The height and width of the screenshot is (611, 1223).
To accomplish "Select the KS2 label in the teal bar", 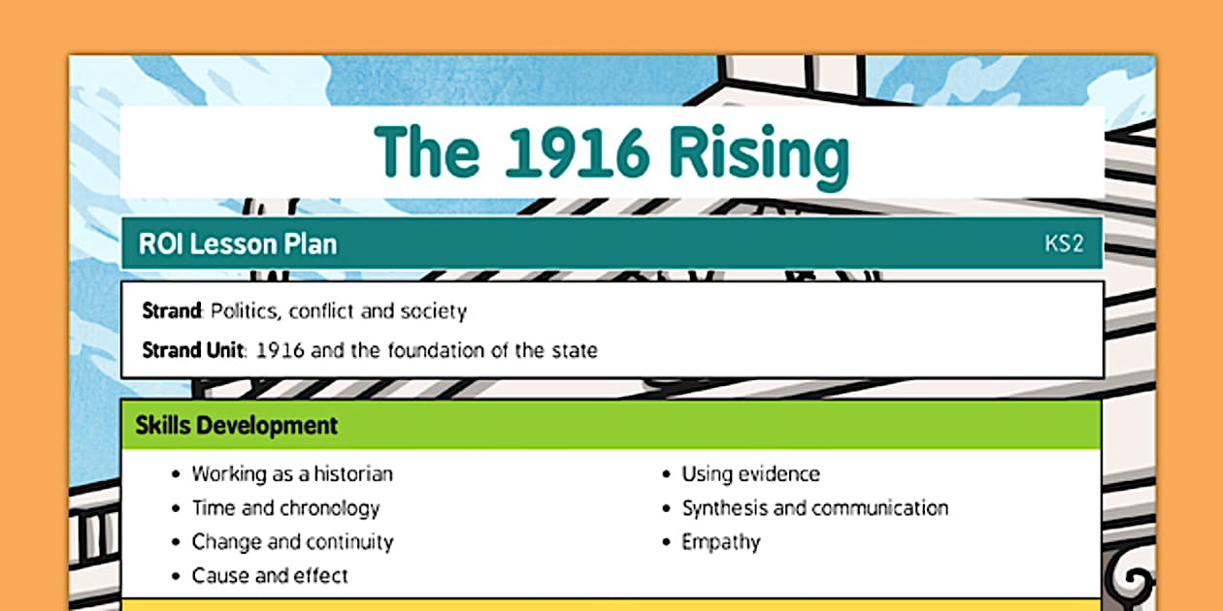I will (x=1064, y=243).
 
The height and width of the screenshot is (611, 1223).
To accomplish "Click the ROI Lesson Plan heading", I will (x=238, y=243).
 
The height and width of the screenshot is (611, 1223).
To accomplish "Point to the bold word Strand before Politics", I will (x=171, y=311).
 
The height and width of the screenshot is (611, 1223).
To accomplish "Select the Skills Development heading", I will (x=237, y=425).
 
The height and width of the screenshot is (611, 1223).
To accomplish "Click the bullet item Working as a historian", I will (x=292, y=474).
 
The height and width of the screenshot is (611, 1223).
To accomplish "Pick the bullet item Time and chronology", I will (x=285, y=508).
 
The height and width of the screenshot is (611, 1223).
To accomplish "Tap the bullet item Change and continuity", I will (x=292, y=542).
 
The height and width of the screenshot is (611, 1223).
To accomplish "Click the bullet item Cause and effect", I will (x=270, y=575).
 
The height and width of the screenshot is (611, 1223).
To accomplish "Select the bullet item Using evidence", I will (x=750, y=474).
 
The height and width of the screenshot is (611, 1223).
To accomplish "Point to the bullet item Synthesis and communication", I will (x=814, y=508).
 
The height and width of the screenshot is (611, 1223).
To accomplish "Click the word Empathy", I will (x=721, y=542).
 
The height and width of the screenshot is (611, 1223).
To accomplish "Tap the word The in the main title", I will (x=427, y=152).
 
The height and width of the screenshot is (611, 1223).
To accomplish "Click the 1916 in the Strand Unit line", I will (x=281, y=349).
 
